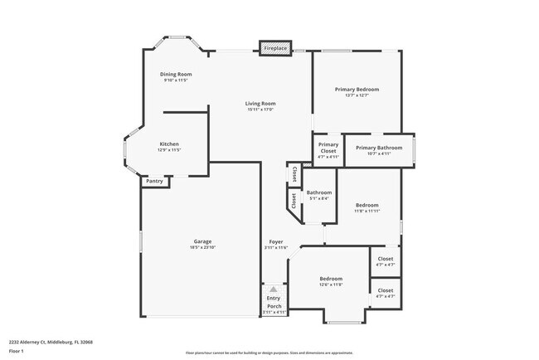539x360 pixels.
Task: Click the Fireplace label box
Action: pyautogui.click(x=275, y=49)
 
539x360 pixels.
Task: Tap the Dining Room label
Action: pyautogui.click(x=176, y=75)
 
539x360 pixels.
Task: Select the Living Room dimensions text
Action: pyautogui.click(x=260, y=109)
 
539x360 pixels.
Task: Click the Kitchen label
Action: pyautogui.click(x=169, y=144)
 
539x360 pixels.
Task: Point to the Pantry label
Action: pyautogui.click(x=154, y=181)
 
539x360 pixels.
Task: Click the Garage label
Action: pyautogui.click(x=202, y=241)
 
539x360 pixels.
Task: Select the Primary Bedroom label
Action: pyautogui.click(x=357, y=89)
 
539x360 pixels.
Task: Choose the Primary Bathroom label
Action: pyautogui.click(x=379, y=148)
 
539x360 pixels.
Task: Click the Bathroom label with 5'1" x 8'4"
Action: pyautogui.click(x=318, y=192)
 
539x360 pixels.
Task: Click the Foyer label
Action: pyautogui.click(x=275, y=241)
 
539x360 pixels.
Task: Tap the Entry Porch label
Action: pyautogui.click(x=274, y=303)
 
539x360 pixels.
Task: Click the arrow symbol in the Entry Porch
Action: pyautogui.click(x=274, y=289)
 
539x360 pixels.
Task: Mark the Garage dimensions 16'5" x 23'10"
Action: pyautogui.click(x=202, y=248)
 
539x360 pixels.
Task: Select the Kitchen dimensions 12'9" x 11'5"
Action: pyautogui.click(x=169, y=150)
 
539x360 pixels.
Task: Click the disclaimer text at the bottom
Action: pyautogui.click(x=269, y=353)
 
